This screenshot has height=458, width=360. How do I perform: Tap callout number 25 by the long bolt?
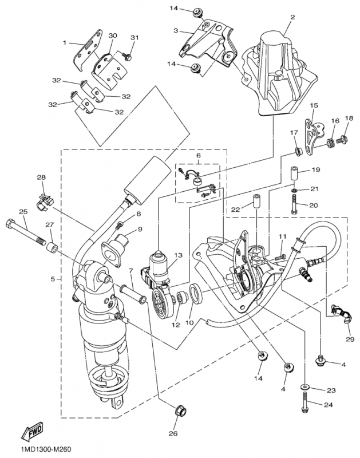coord(23,212)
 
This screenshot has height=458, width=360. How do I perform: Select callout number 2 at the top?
coord(292,18)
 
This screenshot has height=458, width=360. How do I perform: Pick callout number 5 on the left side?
coord(53,279)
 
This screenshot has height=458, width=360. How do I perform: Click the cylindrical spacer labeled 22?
coord(256,205)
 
